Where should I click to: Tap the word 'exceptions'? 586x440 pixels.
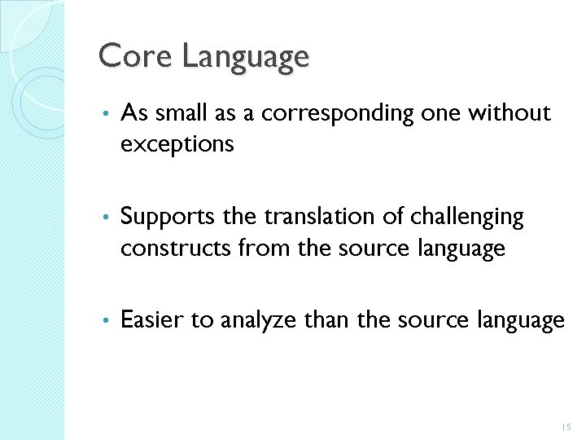click(177, 146)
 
